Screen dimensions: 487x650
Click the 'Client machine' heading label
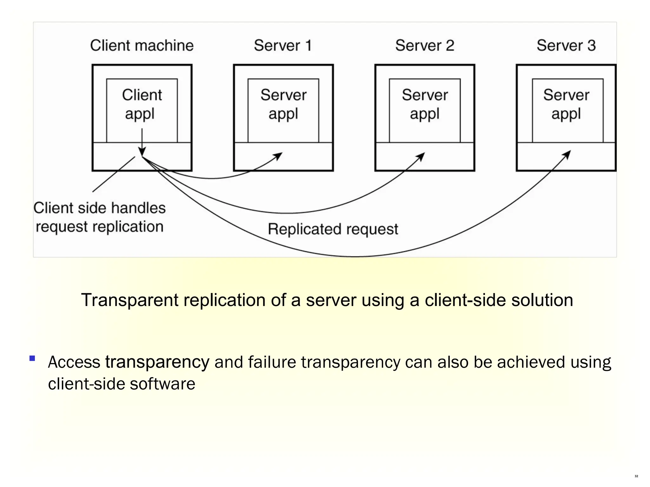click(142, 45)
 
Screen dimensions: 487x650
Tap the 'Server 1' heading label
click(282, 45)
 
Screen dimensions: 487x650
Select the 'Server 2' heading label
click(424, 45)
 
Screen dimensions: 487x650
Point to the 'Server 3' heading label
click(566, 45)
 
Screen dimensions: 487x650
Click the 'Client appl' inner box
click(142, 105)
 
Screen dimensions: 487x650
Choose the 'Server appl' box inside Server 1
click(283, 105)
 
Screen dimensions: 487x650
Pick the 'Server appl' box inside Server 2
click(425, 105)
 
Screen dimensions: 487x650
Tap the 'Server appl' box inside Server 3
click(567, 105)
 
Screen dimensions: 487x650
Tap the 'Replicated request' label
click(333, 229)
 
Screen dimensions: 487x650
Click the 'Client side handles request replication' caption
click(99, 217)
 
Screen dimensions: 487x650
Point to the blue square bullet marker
click(32, 358)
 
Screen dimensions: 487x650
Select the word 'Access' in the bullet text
click(74, 362)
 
